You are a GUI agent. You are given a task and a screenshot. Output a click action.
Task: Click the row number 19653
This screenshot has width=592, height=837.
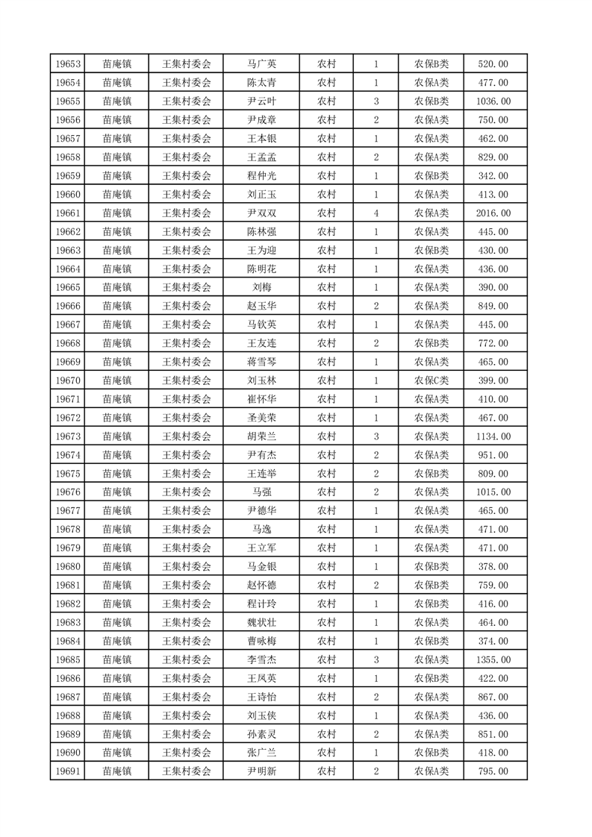point(67,64)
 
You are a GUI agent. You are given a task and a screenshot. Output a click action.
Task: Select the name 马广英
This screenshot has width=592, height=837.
point(261,64)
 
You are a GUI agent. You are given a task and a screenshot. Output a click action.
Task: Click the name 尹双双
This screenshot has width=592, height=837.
point(261,213)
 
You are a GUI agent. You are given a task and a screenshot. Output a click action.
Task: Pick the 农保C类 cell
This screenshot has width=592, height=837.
point(431,380)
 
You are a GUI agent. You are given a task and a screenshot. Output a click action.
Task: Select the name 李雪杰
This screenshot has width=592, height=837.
point(261,659)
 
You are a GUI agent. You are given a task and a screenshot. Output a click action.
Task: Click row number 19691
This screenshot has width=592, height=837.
point(67,771)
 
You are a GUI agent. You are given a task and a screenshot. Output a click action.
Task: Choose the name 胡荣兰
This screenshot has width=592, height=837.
point(261,436)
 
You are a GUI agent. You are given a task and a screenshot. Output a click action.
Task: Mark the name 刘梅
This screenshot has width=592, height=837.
point(261,287)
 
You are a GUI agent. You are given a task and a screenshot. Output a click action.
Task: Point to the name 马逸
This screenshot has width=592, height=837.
point(261,529)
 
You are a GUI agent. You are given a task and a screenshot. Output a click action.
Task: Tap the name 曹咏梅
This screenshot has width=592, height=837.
point(261,641)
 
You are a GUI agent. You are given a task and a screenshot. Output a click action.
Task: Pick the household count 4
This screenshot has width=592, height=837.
point(376,213)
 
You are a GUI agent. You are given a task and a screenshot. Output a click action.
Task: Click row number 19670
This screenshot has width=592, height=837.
point(67,380)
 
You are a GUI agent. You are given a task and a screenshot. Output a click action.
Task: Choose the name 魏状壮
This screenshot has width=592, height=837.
point(261,622)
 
